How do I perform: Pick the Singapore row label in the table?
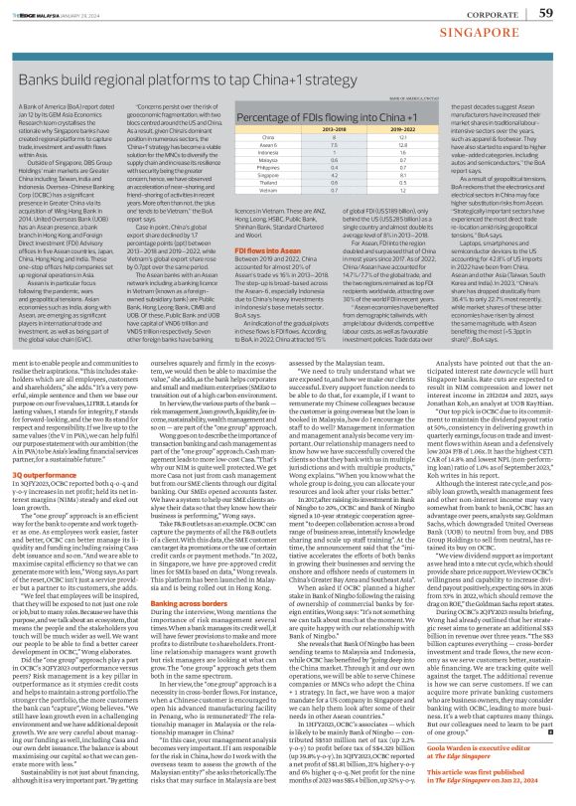click(264, 202)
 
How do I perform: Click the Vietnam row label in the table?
click(264, 218)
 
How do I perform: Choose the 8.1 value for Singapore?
click(400, 202)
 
